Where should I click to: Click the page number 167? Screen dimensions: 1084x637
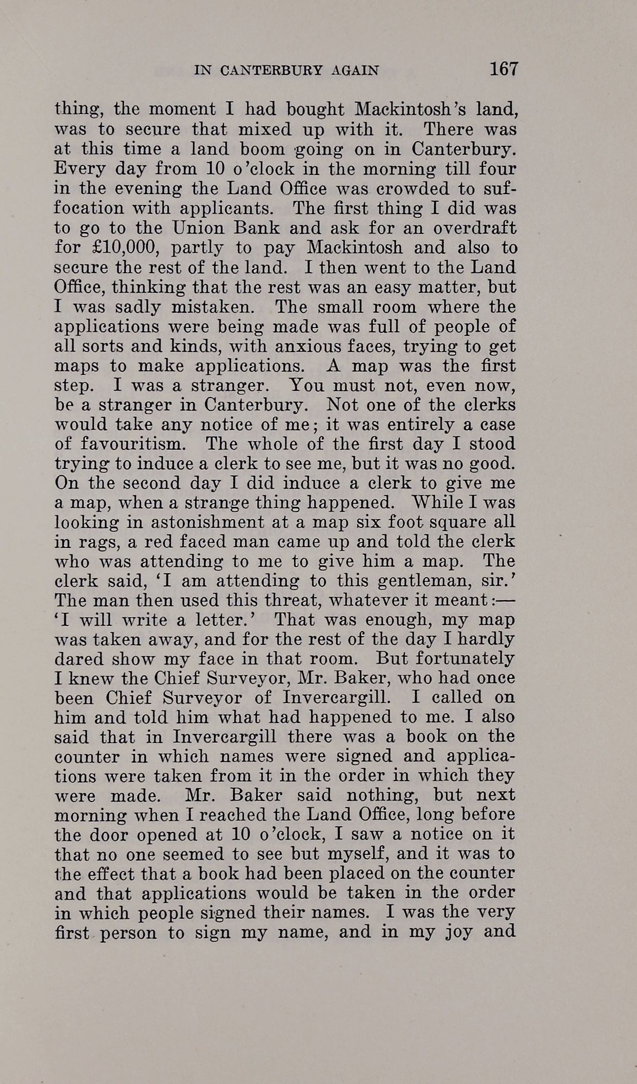(504, 69)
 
